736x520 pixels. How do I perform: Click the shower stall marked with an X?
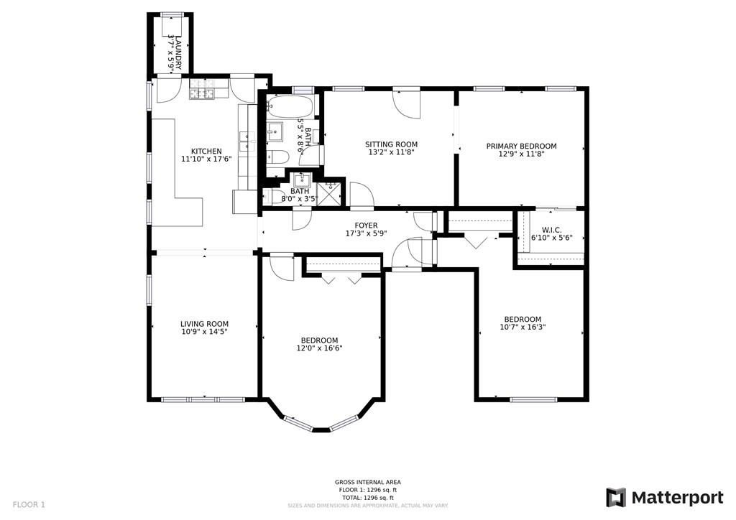(x=330, y=194)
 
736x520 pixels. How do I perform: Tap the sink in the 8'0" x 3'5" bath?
(x=303, y=180)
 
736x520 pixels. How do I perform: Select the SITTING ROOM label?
(x=392, y=144)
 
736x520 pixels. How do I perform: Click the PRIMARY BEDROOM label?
(x=521, y=146)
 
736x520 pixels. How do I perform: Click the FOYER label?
(x=367, y=226)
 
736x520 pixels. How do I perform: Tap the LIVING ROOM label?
(x=204, y=324)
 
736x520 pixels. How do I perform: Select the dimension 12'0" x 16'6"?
(x=319, y=348)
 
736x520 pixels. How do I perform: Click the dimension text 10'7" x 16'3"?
(x=523, y=328)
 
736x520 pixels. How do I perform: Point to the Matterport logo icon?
(x=615, y=497)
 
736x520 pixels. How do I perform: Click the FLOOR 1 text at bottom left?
(x=29, y=504)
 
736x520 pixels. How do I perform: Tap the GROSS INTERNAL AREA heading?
(x=367, y=482)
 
